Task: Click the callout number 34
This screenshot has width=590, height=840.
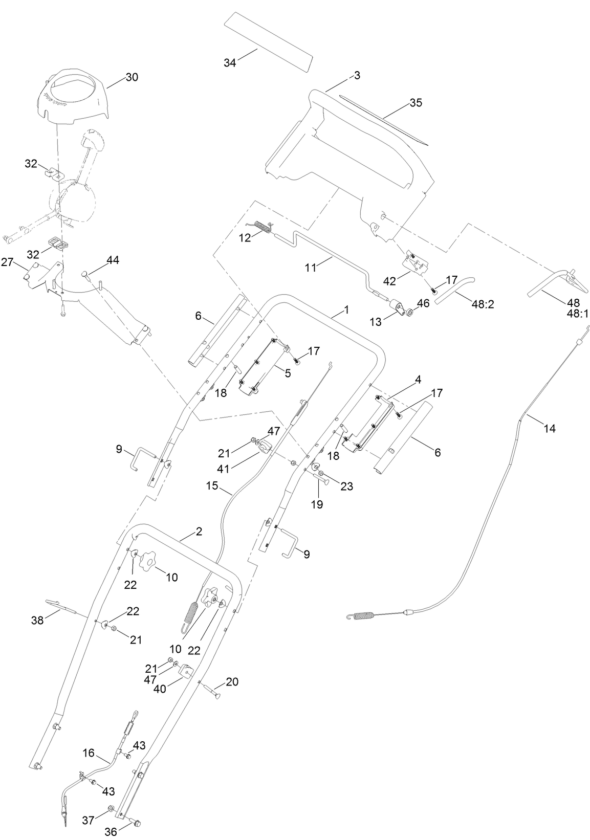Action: (230, 62)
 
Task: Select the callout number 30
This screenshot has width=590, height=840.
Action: (132, 77)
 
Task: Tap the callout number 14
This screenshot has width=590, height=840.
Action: (549, 429)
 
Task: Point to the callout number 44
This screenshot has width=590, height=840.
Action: (113, 260)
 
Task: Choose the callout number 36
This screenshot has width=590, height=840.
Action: (111, 832)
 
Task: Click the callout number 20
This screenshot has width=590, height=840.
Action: (232, 682)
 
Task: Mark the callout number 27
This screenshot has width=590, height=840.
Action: (7, 262)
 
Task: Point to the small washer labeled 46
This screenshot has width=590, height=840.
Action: (410, 312)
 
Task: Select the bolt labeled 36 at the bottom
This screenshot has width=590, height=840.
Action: (137, 823)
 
